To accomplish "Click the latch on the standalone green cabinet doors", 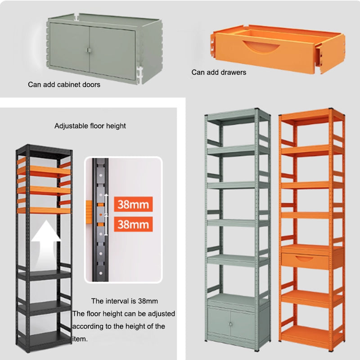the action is [89, 50].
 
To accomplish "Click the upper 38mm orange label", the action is [133, 204].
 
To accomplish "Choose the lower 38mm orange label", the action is [133, 224].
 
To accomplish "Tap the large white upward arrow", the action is [46, 243].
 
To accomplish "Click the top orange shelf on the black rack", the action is [44, 171].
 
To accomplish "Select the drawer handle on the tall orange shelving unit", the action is [304, 259].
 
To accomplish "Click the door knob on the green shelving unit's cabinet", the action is [230, 324].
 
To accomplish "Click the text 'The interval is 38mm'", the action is [125, 301].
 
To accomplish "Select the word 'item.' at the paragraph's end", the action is [80, 339].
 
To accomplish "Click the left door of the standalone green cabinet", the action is [70, 47].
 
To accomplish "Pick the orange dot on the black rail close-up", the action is [101, 215].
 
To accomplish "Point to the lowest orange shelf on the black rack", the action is [44, 210].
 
